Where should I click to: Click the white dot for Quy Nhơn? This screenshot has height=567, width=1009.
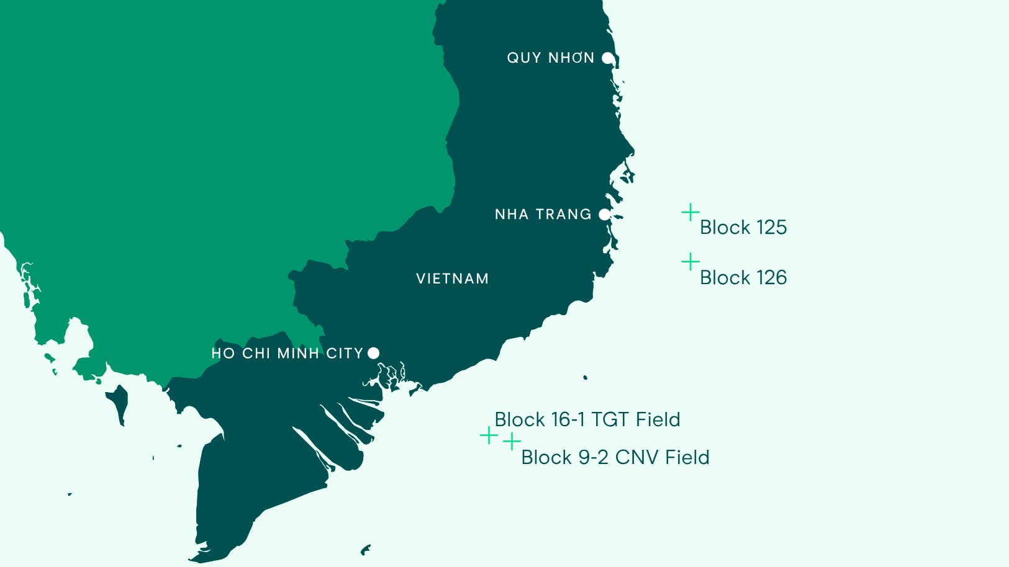(608, 58)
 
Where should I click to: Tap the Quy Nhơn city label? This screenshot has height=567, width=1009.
(551, 58)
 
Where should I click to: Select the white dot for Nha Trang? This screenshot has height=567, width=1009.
(604, 214)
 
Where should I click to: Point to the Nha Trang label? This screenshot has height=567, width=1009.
(543, 214)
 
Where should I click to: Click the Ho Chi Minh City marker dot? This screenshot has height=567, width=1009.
(373, 353)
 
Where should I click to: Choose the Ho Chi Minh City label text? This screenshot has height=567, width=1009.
(287, 353)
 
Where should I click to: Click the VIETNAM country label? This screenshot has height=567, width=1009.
(452, 279)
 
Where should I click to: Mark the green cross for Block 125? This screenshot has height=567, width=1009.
(690, 212)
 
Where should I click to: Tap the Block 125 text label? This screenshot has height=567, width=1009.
(743, 227)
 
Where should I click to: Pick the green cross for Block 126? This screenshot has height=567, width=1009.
(690, 262)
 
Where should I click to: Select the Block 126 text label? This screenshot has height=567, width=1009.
(743, 277)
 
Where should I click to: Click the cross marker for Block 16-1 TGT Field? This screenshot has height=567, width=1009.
(489, 435)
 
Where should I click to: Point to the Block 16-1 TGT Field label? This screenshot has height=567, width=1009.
(587, 419)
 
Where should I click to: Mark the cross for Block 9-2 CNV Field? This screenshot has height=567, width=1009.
(512, 442)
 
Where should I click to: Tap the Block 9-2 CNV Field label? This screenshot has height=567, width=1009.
(615, 457)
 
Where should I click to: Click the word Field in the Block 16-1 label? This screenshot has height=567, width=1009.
(658, 419)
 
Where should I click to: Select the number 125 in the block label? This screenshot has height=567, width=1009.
(771, 227)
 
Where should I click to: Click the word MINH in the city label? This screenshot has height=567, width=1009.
(298, 353)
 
